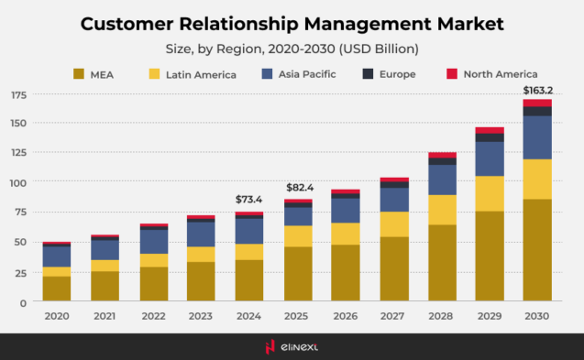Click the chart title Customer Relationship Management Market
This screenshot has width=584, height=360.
tap(292, 22)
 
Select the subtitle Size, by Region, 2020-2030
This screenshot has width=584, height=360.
tap(292, 49)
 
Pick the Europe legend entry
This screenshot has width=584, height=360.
tap(413, 73)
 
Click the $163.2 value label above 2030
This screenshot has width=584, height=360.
tap(537, 90)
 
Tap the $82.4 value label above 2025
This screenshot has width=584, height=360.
tap(299, 187)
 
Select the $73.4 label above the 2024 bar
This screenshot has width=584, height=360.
tap(248, 199)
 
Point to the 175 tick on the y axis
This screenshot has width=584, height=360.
tap(18, 95)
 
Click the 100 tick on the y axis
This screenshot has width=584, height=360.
tap(18, 183)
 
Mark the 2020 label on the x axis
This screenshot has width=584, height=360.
tap(56, 316)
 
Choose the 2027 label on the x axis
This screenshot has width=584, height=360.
tap(394, 316)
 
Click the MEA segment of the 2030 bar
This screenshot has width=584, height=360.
tap(537, 250)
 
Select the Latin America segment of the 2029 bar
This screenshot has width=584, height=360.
tap(490, 193)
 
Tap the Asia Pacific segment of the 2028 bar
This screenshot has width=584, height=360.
tap(442, 180)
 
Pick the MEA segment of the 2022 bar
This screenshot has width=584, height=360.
tap(154, 284)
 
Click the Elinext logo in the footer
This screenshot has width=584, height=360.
tap(292, 345)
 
